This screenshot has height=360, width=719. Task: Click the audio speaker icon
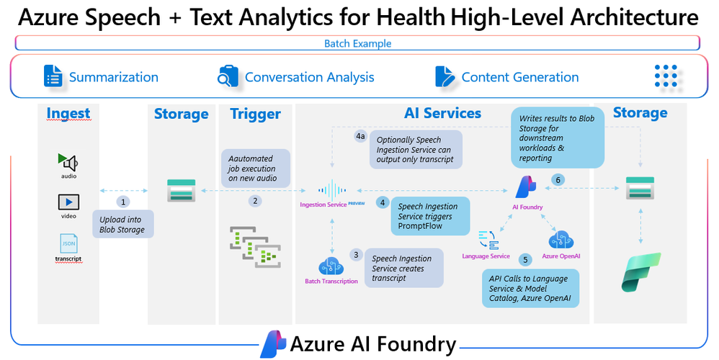pyautogui.click(x=68, y=162)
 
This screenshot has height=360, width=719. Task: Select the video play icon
pyautogui.click(x=68, y=202)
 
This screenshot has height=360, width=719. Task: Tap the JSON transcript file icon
pyautogui.click(x=68, y=243)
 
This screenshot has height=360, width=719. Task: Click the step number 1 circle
pyautogui.click(x=123, y=202)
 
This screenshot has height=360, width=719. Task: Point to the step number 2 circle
pyautogui.click(x=255, y=201)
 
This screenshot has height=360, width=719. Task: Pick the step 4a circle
pyautogui.click(x=360, y=136)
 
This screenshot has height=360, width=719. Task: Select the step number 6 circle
pyautogui.click(x=558, y=180)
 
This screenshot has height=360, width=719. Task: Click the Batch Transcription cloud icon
pyautogui.click(x=331, y=266)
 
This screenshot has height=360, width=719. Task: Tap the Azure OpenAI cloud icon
pyautogui.click(x=561, y=240)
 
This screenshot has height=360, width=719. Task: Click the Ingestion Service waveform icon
pyautogui.click(x=332, y=190)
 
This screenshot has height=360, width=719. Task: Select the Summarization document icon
pyautogui.click(x=53, y=76)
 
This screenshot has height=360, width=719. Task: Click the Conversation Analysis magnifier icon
pyautogui.click(x=228, y=76)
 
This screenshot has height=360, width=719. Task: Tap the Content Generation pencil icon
pyautogui.click(x=445, y=76)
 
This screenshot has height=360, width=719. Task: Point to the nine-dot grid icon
pyautogui.click(x=666, y=76)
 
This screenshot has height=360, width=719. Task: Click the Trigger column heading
pyautogui.click(x=256, y=114)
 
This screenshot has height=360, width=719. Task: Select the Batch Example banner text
pyautogui.click(x=357, y=43)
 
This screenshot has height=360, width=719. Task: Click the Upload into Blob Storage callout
pyautogui.click(x=123, y=225)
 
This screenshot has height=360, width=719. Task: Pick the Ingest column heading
pyautogui.click(x=68, y=113)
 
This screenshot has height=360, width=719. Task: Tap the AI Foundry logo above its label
pyautogui.click(x=525, y=186)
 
